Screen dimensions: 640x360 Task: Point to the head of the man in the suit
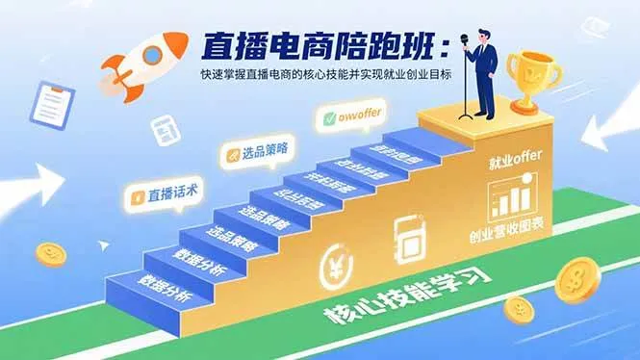click(x=480, y=30)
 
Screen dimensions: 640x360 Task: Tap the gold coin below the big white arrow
click(x=50, y=254)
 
